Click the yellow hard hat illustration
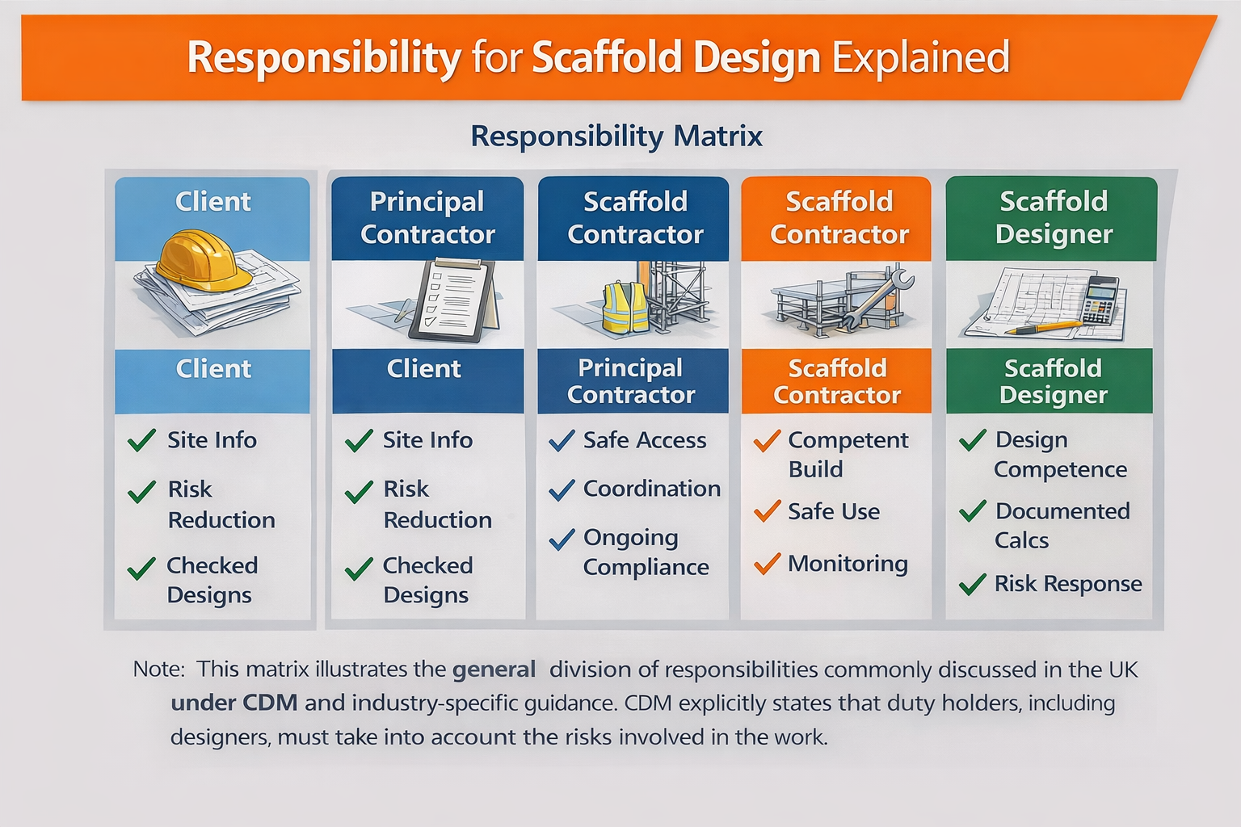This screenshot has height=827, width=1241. click(x=204, y=260)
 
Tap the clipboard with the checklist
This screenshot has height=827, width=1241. click(x=453, y=300)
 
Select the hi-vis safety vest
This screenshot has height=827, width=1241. click(x=625, y=308)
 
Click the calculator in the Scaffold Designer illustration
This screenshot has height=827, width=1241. click(x=1101, y=300)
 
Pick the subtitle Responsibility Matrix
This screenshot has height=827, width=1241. click(x=616, y=136)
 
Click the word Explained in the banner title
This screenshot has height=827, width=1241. click(x=920, y=58)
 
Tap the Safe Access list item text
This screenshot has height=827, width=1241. click(x=644, y=440)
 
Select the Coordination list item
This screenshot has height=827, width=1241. click(x=651, y=489)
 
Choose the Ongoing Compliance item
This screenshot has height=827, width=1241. click(x=645, y=552)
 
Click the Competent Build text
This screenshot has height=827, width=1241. click(x=847, y=455)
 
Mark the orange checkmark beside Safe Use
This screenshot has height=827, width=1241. click(x=767, y=510)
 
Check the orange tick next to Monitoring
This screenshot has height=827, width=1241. click(x=767, y=563)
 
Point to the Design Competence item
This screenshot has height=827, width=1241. click(x=1059, y=455)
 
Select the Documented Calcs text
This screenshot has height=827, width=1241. click(x=1062, y=526)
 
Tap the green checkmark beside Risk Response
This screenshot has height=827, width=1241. click(x=972, y=583)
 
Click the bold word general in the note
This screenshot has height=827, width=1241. click(x=494, y=670)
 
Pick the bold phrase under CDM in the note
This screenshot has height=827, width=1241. click(x=234, y=703)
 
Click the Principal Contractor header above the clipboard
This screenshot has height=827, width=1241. click(x=427, y=218)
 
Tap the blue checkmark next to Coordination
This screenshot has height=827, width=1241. click(x=562, y=489)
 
